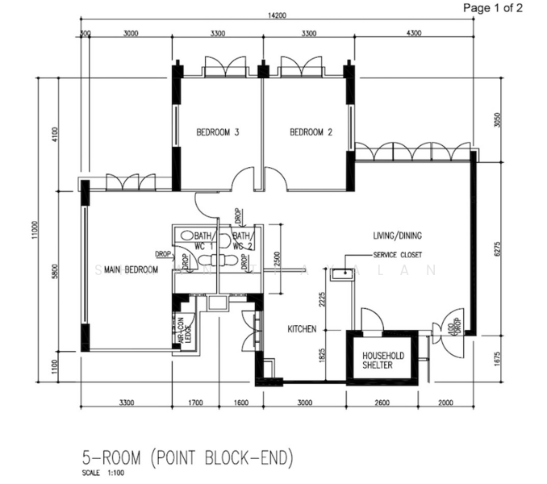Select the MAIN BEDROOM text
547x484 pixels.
click(x=132, y=270)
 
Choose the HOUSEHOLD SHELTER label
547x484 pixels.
click(x=382, y=360)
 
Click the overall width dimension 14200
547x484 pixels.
click(x=279, y=17)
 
